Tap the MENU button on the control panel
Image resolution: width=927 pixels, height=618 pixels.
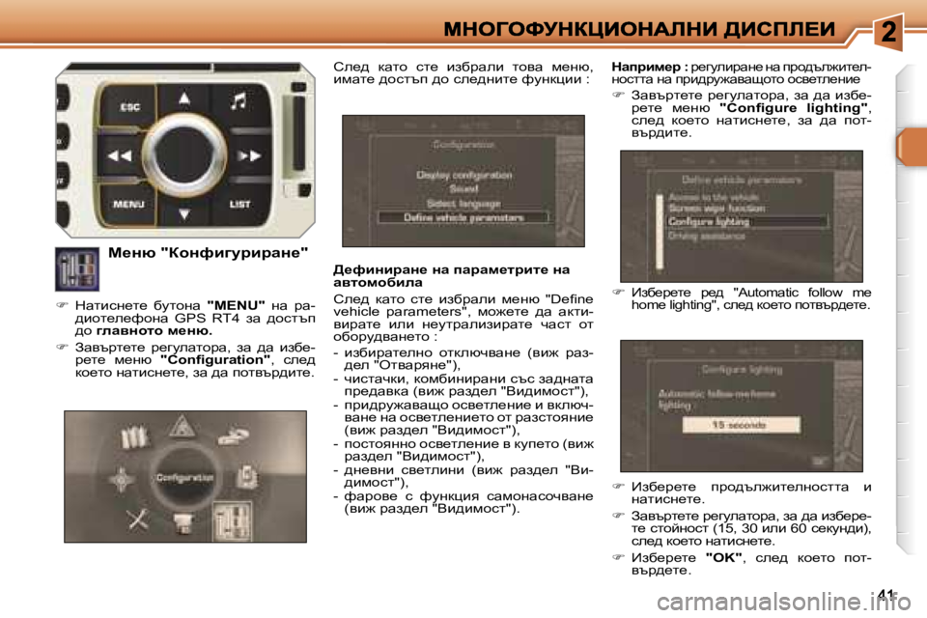(x=129, y=205)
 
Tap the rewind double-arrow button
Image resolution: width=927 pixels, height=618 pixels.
(x=121, y=154)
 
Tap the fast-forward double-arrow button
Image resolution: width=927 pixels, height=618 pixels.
(x=248, y=154)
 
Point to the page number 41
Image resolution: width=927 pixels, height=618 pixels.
(x=889, y=594)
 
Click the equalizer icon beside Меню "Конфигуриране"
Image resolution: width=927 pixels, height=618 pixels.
(x=76, y=269)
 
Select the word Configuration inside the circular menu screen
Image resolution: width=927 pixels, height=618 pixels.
(x=185, y=478)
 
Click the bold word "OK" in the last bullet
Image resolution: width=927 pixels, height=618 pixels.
(x=723, y=558)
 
